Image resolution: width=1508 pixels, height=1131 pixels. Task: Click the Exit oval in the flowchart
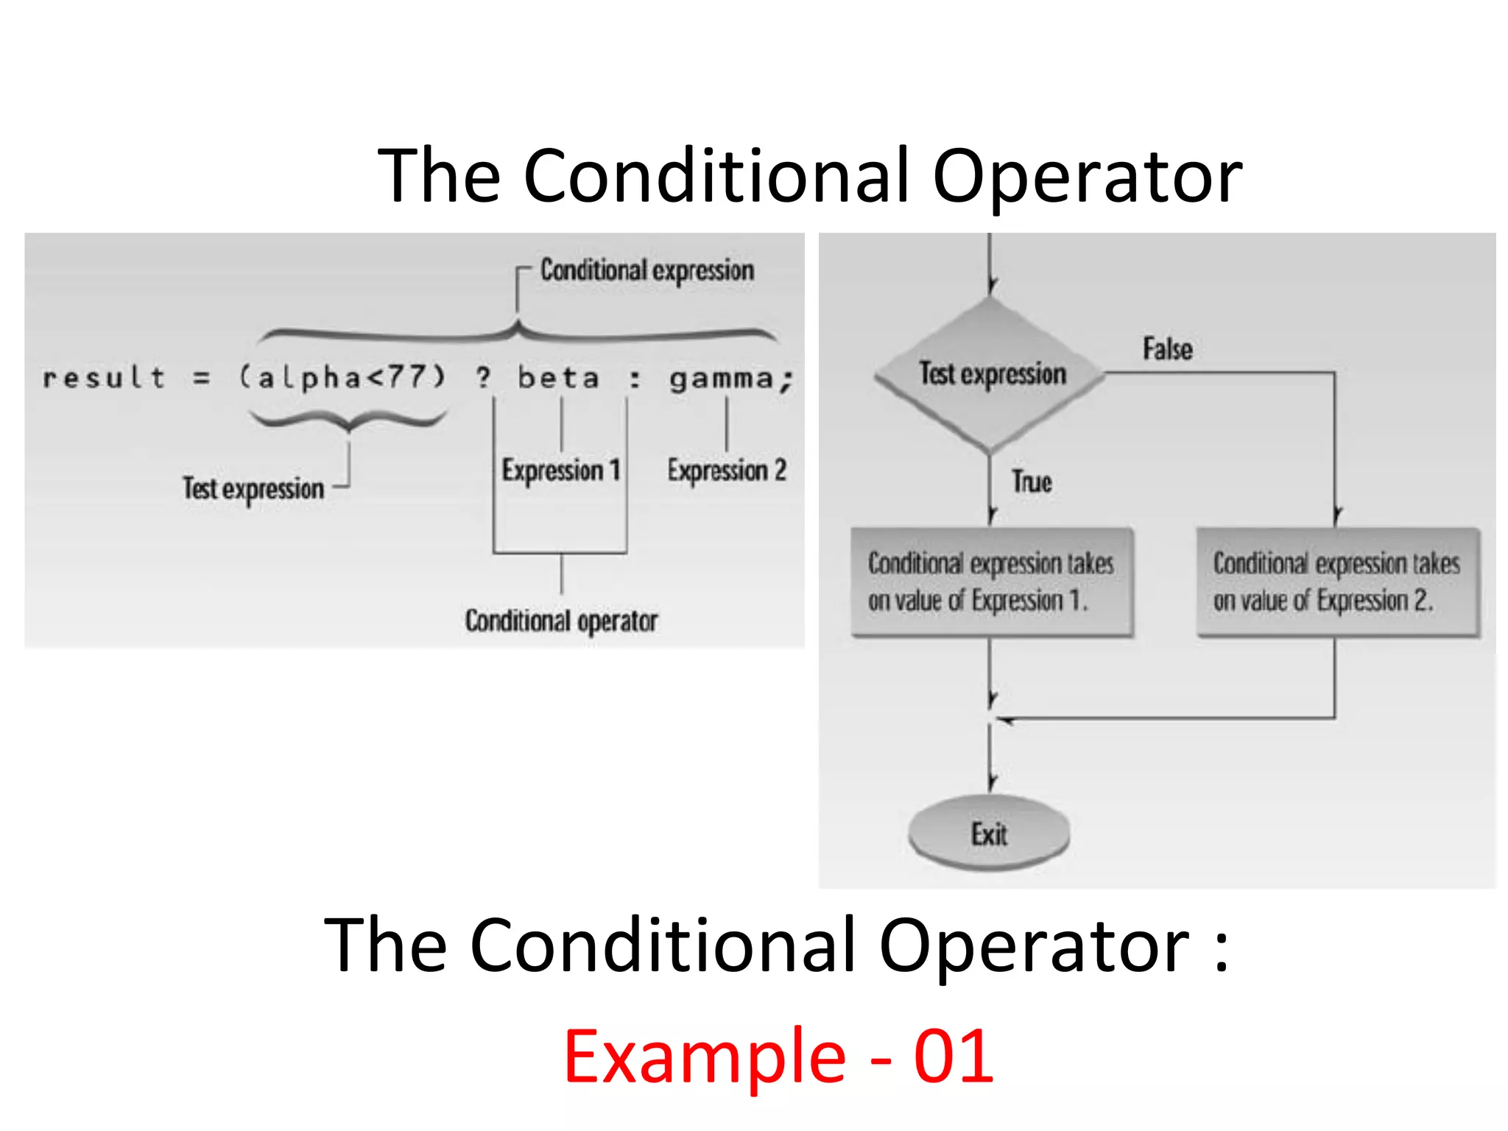point(989,834)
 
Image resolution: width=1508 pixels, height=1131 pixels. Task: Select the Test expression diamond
point(991,374)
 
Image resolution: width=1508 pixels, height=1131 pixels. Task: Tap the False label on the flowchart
point(1167,349)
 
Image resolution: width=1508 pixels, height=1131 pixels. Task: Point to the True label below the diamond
point(1032,482)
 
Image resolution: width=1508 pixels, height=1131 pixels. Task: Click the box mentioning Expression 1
point(991,582)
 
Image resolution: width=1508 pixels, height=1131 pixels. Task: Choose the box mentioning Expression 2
point(1337,582)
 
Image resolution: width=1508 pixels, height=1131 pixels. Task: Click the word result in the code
point(104,378)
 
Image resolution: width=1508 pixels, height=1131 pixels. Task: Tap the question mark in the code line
point(483,378)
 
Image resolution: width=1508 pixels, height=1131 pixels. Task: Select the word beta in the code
point(558,378)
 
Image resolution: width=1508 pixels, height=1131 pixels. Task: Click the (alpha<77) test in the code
point(343,378)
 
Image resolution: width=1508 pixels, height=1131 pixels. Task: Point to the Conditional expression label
point(647,270)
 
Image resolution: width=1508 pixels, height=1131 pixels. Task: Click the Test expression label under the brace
point(253,488)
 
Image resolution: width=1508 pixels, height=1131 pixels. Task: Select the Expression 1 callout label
point(561,470)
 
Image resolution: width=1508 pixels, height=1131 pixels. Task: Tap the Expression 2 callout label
point(727,470)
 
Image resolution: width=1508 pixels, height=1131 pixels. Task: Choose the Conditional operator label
point(561,621)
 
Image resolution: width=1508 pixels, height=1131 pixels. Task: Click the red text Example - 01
point(778,1056)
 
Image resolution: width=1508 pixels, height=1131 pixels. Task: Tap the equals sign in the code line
point(201,378)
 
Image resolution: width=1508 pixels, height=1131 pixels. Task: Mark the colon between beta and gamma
point(635,378)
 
